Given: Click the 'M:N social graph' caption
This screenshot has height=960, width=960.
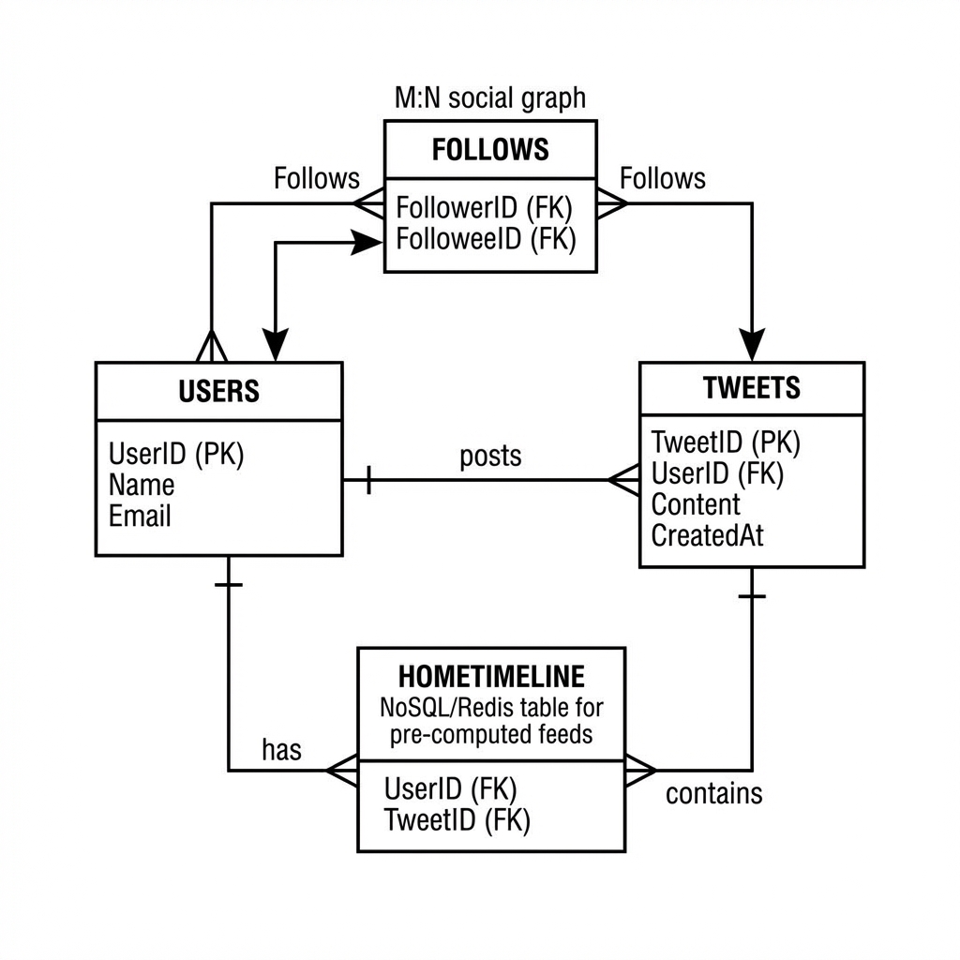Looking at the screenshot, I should (x=489, y=97).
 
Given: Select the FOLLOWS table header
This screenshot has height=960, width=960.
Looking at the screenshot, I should (x=490, y=150).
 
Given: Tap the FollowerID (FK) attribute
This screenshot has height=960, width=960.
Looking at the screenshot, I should (x=484, y=207).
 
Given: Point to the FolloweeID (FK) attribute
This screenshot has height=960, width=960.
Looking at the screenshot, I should (x=486, y=239).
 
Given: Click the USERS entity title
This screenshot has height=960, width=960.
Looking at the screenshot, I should (x=218, y=391).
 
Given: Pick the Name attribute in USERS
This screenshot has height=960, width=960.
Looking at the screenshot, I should (x=142, y=485).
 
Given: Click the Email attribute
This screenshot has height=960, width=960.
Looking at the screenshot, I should (x=141, y=516).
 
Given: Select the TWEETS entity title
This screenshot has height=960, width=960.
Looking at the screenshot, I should (x=751, y=388).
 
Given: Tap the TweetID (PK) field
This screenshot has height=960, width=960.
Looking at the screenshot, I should (x=726, y=442).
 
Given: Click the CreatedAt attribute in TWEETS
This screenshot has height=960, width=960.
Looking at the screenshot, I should (x=707, y=535).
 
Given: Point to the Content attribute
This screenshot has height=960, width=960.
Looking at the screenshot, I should (x=696, y=504).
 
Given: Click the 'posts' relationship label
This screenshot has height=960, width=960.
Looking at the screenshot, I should (x=490, y=457).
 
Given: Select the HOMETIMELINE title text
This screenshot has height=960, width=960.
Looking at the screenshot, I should (x=490, y=676).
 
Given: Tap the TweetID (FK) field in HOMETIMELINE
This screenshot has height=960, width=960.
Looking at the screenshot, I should (x=457, y=820).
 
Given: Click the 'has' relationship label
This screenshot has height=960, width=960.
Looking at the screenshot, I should (x=281, y=750).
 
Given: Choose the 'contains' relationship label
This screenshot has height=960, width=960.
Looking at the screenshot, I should (x=713, y=794).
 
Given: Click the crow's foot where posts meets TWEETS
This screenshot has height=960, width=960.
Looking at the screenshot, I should (x=622, y=480).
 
